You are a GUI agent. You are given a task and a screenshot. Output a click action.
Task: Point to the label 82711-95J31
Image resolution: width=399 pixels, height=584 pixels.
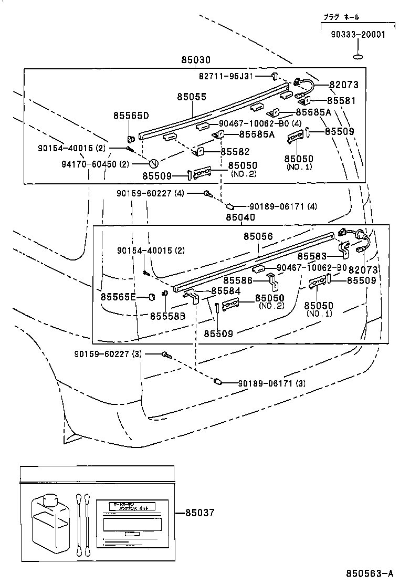click(226, 76)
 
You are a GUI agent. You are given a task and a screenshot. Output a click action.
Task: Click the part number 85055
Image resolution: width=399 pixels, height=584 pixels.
click(191, 97)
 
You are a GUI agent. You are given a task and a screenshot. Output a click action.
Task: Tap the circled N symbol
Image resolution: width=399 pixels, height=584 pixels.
click(154, 163)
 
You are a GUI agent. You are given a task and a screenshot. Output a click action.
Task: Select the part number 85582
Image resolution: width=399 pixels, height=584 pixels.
click(235, 152)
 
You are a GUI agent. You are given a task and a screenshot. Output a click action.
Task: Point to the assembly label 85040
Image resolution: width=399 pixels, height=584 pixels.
click(240, 217)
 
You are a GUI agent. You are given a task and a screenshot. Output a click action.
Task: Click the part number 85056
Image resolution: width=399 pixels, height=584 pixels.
click(258, 237)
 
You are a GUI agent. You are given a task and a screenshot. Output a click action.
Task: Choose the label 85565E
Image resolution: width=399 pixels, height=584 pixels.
click(118, 297)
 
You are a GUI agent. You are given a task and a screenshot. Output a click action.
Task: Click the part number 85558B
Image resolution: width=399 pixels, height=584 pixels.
click(167, 316)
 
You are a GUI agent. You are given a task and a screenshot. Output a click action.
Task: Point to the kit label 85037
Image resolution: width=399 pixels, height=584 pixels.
click(199, 513)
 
